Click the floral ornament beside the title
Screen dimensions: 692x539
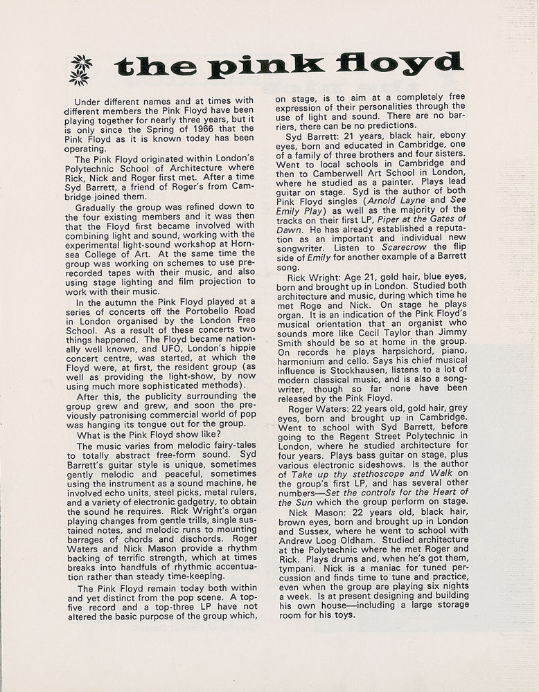(80, 70)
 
